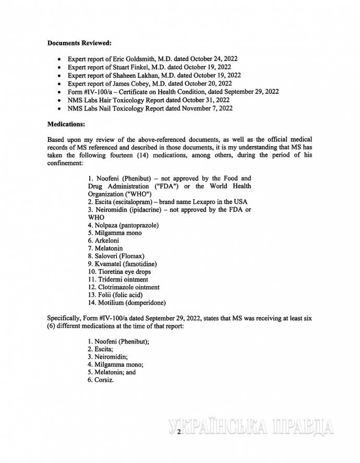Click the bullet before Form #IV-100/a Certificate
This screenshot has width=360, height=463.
click(x=60, y=92)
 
